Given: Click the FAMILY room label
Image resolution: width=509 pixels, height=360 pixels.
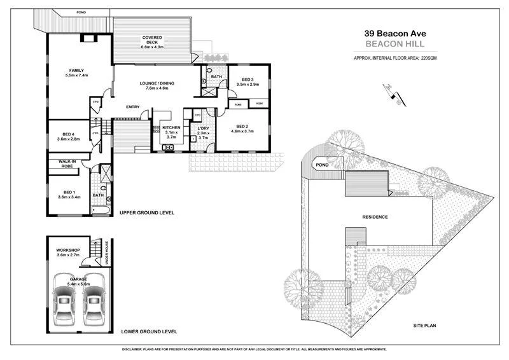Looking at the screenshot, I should pyautogui.click(x=76, y=71).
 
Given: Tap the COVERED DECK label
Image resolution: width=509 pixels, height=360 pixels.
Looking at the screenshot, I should pyautogui.click(x=153, y=38).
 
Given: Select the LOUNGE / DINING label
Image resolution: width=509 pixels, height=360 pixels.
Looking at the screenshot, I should pyautogui.click(x=157, y=83).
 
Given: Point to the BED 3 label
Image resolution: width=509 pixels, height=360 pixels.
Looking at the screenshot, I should pyautogui.click(x=248, y=80).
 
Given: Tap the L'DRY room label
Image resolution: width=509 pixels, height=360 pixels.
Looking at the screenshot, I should pyautogui.click(x=204, y=128).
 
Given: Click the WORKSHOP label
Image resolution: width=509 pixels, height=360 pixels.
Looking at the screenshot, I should pyautogui.click(x=67, y=251).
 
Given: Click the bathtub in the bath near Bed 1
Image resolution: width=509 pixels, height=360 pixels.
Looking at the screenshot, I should pyautogui.click(x=101, y=209).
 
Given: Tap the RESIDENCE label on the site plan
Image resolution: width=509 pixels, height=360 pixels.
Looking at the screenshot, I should pyautogui.click(x=375, y=217).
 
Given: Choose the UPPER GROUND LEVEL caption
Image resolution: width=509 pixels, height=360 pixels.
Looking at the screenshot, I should pyautogui.click(x=147, y=212).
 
